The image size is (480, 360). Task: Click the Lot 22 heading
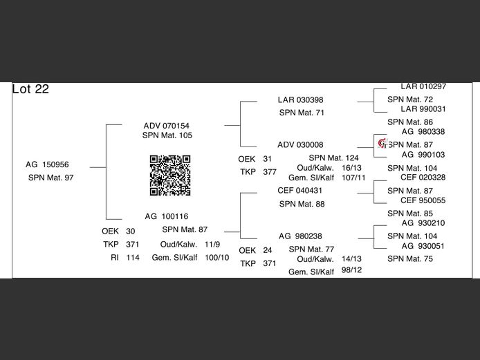point(30,89)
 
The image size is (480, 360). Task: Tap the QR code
point(170,176)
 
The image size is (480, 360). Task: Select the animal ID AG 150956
point(47,164)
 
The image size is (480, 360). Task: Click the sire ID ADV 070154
point(167,126)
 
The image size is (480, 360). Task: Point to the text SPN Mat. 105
point(167,135)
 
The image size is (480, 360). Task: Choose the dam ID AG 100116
point(167,216)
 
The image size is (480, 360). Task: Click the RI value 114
point(133,258)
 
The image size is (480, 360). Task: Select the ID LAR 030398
point(301,100)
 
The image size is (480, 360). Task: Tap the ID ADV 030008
point(300,144)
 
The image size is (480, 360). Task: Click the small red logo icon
point(382,143)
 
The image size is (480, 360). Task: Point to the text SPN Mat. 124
point(333,158)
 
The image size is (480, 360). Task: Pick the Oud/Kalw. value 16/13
point(352,168)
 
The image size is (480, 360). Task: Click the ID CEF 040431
point(300,191)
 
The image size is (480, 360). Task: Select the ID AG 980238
point(300,236)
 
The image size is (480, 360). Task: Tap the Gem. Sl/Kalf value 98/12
point(352,270)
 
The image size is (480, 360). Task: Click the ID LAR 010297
point(423,86)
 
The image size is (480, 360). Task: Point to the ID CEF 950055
point(423,200)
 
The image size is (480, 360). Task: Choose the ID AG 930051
point(423,246)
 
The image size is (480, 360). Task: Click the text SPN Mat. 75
point(410,258)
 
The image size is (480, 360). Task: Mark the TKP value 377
point(270,172)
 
